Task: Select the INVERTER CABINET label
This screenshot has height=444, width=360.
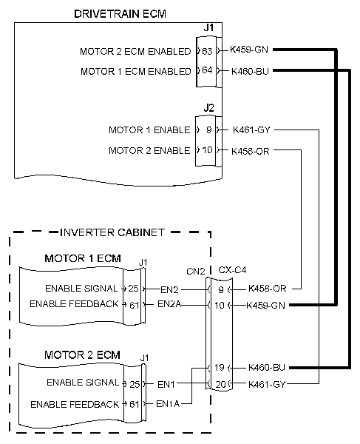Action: (x=112, y=232)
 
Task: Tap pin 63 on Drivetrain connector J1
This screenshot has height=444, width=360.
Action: (x=207, y=51)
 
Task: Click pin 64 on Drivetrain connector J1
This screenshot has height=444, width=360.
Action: (x=207, y=71)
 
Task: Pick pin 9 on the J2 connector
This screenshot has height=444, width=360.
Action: (x=208, y=130)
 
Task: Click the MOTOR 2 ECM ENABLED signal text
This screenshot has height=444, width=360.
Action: (x=135, y=52)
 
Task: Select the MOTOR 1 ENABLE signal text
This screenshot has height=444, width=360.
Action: (x=149, y=131)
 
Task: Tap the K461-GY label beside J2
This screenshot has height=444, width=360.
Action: (x=251, y=130)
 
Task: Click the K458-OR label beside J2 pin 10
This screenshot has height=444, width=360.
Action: (x=251, y=151)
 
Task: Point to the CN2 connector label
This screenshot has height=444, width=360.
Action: (x=195, y=271)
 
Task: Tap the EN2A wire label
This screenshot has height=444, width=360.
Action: (x=169, y=304)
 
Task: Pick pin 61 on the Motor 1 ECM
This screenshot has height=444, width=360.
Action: (x=133, y=304)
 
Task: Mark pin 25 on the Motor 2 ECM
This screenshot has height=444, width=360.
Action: (x=133, y=383)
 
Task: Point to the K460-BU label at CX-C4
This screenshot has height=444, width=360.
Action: (x=266, y=368)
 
